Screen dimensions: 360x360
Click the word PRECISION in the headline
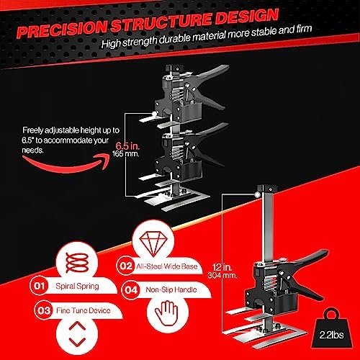click(62, 30)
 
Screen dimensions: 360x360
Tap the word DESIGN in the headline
click(247, 17)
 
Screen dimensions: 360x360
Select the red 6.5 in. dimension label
click(127, 146)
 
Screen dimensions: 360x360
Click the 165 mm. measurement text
click(126, 154)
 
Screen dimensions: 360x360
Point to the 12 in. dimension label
click(222, 267)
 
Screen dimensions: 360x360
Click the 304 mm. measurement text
click(222, 275)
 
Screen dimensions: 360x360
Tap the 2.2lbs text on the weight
click(331, 335)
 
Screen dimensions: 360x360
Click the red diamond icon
click(153, 243)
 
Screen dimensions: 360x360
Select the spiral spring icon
click(77, 263)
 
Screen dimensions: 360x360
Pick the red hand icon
click(166, 313)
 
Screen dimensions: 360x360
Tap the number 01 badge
click(39, 286)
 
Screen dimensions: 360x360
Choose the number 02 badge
click(126, 266)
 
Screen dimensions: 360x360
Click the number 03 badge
click(43, 310)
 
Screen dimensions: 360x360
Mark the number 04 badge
click(131, 289)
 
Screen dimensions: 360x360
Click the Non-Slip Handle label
click(171, 289)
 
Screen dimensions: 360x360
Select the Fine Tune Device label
click(84, 310)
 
